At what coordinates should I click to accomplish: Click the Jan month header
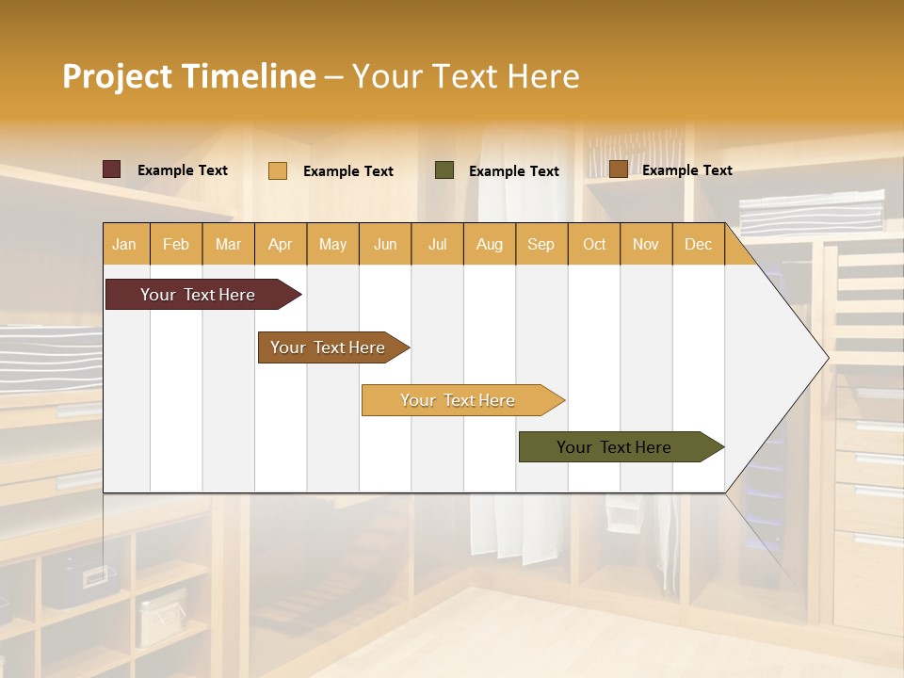125,244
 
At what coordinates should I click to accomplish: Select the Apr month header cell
281,244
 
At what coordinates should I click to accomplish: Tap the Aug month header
490,244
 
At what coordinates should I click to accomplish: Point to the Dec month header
698,244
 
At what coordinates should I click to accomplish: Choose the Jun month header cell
385,244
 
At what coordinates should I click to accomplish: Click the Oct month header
594,244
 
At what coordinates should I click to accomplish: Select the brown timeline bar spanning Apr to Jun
330,347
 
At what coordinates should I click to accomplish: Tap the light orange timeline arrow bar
460,400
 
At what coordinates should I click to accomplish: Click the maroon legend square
112,169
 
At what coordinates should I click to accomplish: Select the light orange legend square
278,170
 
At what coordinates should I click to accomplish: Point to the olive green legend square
444,170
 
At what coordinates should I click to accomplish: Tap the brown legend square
619,169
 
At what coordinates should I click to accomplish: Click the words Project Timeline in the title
188,76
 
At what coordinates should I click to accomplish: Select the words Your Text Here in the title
466,76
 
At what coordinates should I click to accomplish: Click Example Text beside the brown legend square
687,170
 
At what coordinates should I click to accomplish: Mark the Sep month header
541,244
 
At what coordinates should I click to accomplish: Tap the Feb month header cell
176,244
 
